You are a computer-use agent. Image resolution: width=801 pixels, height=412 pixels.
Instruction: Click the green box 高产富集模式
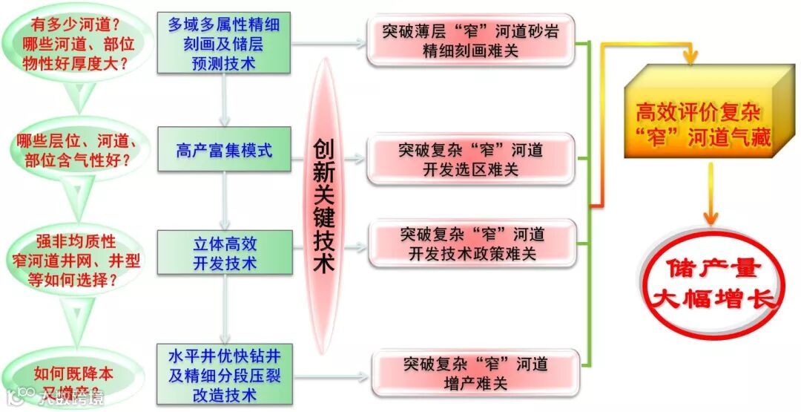tap(224, 151)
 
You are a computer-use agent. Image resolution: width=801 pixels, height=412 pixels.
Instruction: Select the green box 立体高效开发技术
tap(224, 253)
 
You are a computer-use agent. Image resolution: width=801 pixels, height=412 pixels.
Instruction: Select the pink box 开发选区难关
tap(470, 160)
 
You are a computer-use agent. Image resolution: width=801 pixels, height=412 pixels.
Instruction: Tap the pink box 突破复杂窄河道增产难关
tap(475, 374)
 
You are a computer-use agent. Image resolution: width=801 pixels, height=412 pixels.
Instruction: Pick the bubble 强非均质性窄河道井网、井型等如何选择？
tap(69, 261)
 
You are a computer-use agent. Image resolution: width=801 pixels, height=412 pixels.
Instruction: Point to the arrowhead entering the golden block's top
tap(693, 56)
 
